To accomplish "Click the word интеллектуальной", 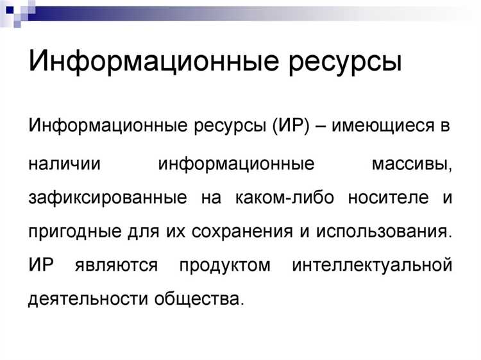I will coord(371,265).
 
